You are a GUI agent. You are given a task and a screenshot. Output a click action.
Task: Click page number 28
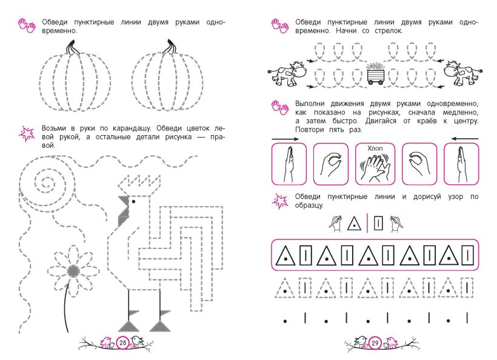122,342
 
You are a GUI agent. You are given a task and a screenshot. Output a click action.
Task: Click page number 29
375,343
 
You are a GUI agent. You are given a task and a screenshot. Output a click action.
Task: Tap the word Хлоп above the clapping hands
375,148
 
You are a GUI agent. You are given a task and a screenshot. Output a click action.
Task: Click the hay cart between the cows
376,73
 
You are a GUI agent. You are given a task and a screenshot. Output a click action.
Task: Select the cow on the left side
287,73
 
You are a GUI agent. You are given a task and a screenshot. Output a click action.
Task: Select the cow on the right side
463,73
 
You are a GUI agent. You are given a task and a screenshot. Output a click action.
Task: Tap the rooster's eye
133,201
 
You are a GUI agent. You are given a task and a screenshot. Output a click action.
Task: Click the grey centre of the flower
73,272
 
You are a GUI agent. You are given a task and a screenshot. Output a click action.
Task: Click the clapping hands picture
375,167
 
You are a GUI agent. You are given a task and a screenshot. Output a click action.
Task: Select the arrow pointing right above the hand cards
285,139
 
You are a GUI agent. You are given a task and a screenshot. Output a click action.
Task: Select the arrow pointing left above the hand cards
465,139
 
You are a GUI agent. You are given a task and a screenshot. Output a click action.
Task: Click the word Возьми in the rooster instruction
54,128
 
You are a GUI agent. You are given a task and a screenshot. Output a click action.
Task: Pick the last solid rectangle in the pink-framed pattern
467,255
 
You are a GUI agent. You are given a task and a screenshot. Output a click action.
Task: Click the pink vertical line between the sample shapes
367,223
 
